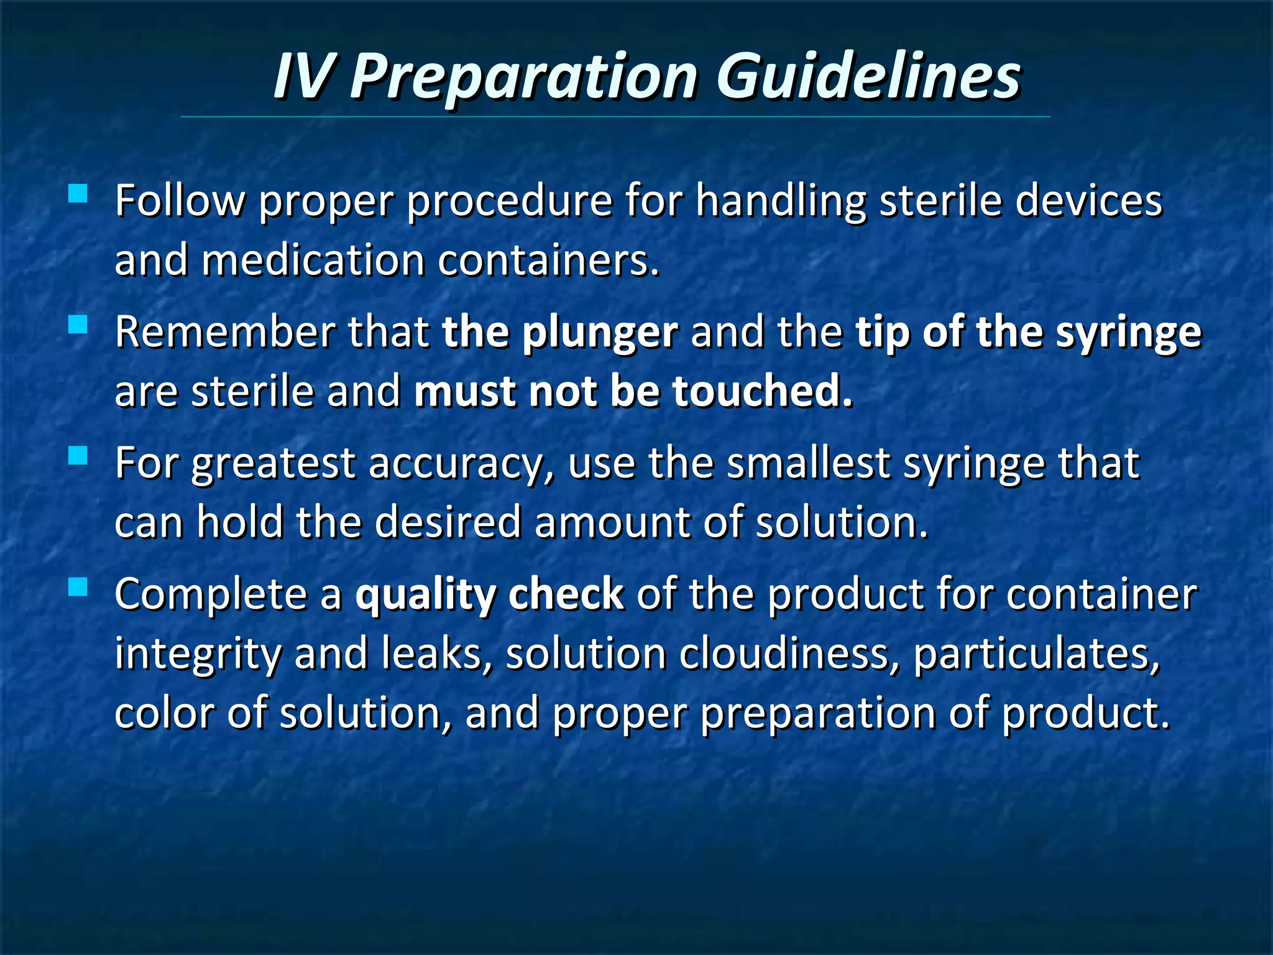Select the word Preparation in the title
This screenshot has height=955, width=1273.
[523, 77]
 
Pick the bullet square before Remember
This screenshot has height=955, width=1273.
[78, 325]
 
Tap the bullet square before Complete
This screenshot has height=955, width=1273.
[78, 586]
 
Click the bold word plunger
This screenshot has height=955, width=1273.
[599, 333]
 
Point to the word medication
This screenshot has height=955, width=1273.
[313, 261]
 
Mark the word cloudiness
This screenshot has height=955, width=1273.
[788, 654]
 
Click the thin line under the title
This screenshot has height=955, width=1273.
[615, 117]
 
